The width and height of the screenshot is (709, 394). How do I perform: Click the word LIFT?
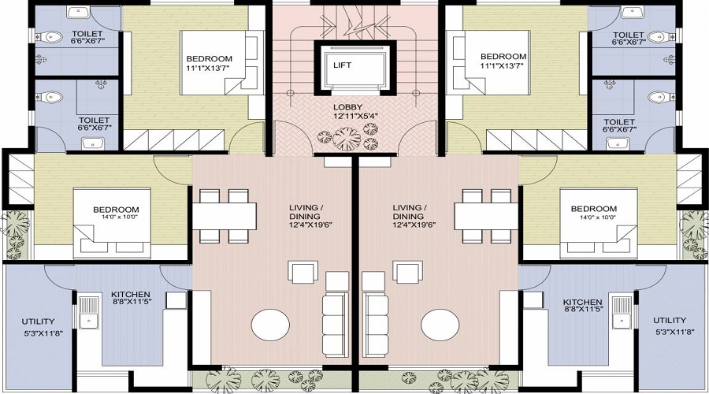[x=342, y=65]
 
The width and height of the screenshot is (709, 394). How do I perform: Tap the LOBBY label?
[x=347, y=106]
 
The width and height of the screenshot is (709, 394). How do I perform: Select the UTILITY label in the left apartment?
[x=38, y=321]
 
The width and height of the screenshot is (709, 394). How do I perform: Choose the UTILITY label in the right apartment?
[x=670, y=321]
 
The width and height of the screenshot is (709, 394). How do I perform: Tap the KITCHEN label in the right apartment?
[x=583, y=302]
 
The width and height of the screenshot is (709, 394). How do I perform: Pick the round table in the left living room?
[x=271, y=325]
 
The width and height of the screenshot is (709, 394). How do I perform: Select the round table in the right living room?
[x=440, y=325]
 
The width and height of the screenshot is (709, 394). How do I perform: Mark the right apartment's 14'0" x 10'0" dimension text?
[x=593, y=217]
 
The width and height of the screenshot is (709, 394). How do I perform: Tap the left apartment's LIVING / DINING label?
[x=306, y=211]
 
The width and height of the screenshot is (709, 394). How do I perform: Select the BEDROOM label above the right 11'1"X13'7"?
[x=503, y=57]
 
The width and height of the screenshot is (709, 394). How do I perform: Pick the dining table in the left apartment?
[x=226, y=214]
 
